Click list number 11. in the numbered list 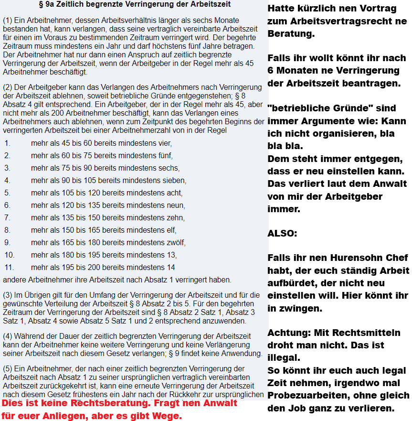10,267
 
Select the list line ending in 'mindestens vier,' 101,143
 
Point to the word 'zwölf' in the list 176,242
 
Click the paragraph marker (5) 8,368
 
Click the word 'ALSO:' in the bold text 282,234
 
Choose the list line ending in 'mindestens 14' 103,267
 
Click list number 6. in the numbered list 7,205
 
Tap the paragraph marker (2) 8,87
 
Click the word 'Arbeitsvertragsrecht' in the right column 336,22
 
